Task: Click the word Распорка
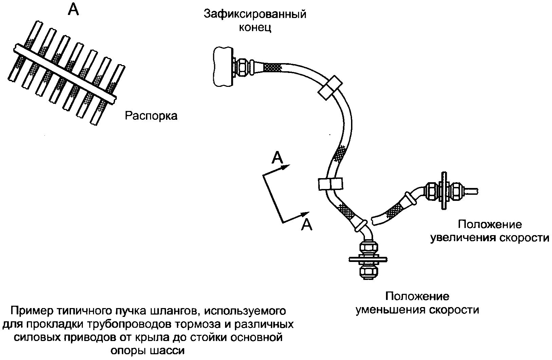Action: pos(151,116)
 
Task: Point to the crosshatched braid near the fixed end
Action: pos(273,68)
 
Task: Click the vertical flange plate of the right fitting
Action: pos(444,191)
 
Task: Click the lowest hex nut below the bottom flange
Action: pos(368,272)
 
